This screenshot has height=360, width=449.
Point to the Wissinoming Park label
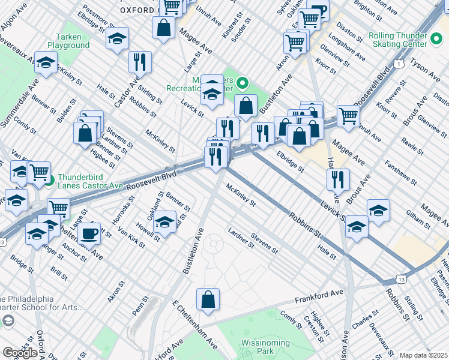(257, 346)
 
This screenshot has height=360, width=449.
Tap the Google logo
(20, 352)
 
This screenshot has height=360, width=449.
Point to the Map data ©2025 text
(424, 355)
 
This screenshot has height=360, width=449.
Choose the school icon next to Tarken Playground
(117, 38)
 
